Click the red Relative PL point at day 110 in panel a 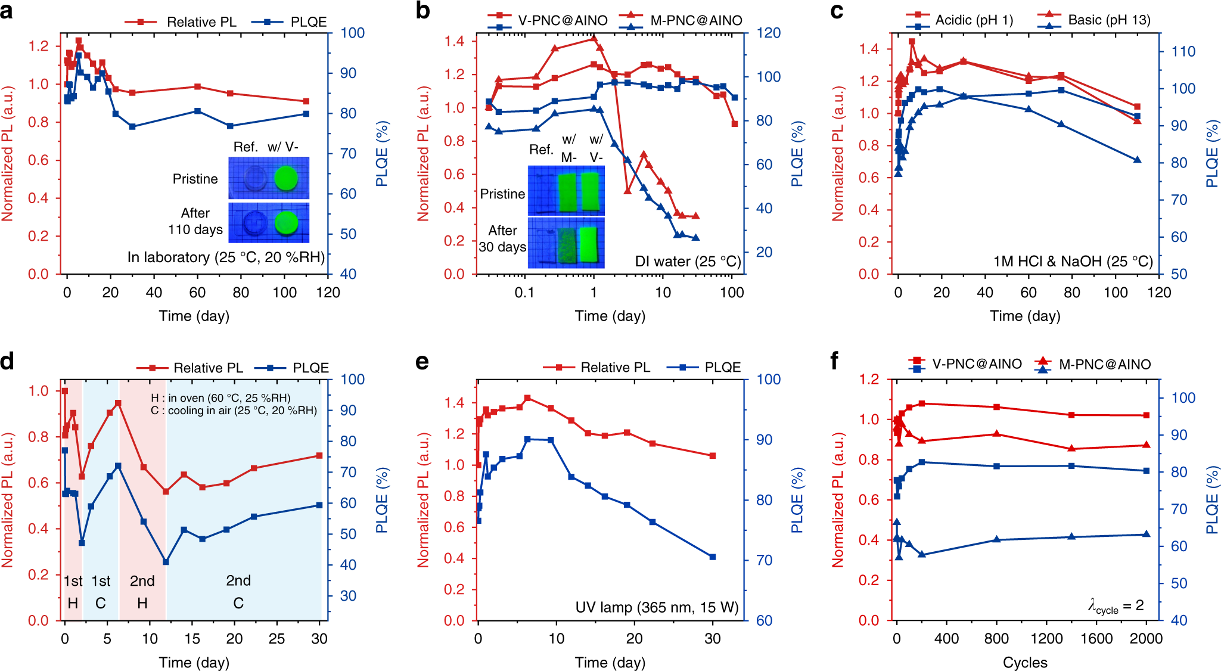coord(306,101)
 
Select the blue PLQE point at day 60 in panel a coord(198,111)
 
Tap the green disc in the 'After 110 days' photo coord(286,222)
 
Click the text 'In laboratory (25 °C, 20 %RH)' coord(226,257)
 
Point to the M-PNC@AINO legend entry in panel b coord(695,21)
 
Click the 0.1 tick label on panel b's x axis coord(524,293)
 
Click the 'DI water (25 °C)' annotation coord(688,262)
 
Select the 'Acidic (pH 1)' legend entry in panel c coord(974,20)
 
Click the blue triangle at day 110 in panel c coord(1137,160)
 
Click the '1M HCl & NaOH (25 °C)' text coord(1073,262)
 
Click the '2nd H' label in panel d coord(142,592)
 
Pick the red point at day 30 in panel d coord(319,456)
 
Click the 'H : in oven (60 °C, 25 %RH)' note coord(220,398)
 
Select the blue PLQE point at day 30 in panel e coord(713,557)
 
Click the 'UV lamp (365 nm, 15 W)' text coord(657,607)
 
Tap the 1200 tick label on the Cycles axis coord(1046,639)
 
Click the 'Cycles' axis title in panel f coord(1025,663)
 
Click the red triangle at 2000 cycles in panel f coord(1147,445)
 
